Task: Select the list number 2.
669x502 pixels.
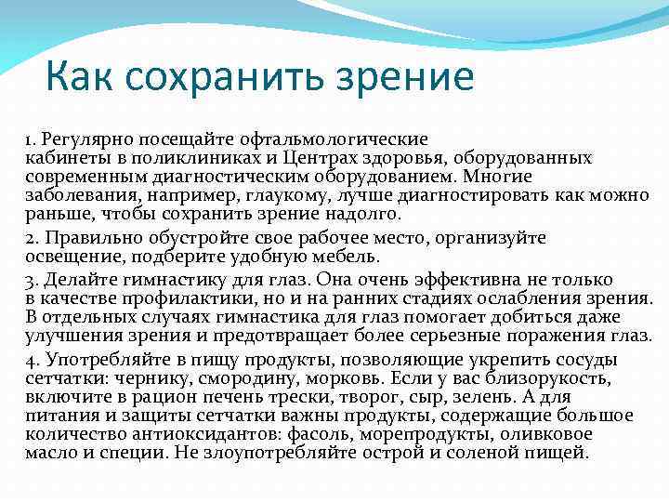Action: [x=31, y=239]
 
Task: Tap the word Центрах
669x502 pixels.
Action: [x=329, y=159]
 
